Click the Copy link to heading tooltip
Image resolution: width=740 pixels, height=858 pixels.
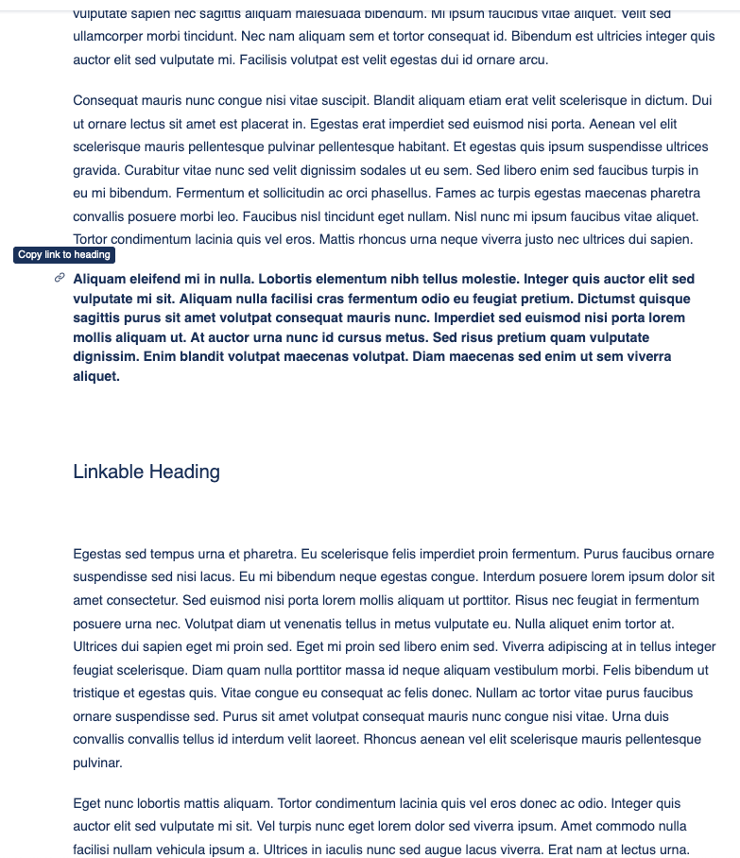click(64, 255)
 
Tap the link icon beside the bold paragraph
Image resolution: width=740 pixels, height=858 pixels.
click(59, 278)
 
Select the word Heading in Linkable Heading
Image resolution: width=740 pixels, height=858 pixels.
click(188, 472)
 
